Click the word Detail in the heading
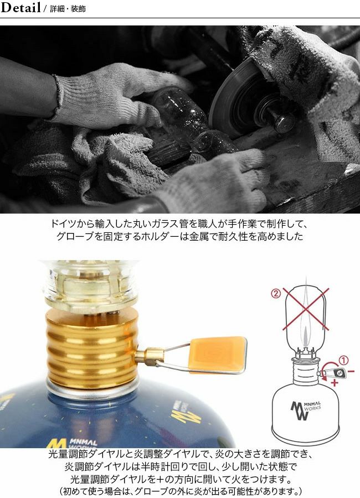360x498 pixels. click(x=20, y=8)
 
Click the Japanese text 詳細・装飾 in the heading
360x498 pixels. click(x=68, y=9)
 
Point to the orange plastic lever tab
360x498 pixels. click(x=218, y=354)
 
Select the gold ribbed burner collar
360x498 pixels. click(x=92, y=349)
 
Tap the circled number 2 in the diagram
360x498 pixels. click(x=276, y=293)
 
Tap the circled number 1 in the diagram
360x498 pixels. click(x=343, y=360)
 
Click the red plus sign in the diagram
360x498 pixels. click(x=334, y=383)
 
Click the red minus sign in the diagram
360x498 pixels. click(x=351, y=371)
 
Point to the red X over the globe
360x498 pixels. click(x=306, y=309)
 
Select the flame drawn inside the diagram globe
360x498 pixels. click(x=306, y=336)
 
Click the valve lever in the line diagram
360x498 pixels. click(x=334, y=372)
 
